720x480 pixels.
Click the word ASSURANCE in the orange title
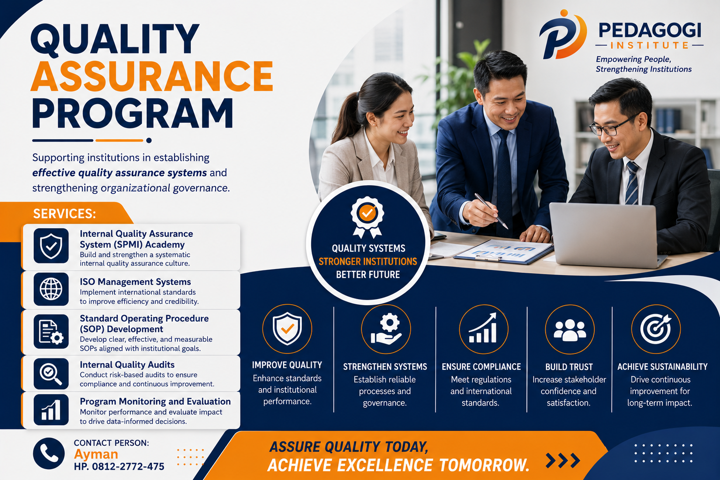point(152,76)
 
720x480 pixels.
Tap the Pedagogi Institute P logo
point(563,35)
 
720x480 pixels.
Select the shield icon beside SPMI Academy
point(51,246)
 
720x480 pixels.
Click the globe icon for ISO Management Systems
point(51,289)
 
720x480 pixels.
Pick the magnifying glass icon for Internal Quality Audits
point(51,374)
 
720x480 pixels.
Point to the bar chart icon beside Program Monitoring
point(51,410)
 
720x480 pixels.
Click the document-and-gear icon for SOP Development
point(51,332)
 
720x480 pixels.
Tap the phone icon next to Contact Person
point(49,453)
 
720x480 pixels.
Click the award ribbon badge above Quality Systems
point(367,217)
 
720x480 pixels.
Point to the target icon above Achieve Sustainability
point(656,329)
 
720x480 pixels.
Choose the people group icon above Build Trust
point(570,329)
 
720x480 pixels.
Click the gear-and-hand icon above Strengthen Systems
point(386,329)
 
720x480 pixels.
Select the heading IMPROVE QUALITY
point(287,365)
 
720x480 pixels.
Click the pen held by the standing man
point(491,210)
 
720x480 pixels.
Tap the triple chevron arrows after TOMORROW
point(563,461)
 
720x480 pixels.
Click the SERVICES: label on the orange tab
point(64,214)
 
